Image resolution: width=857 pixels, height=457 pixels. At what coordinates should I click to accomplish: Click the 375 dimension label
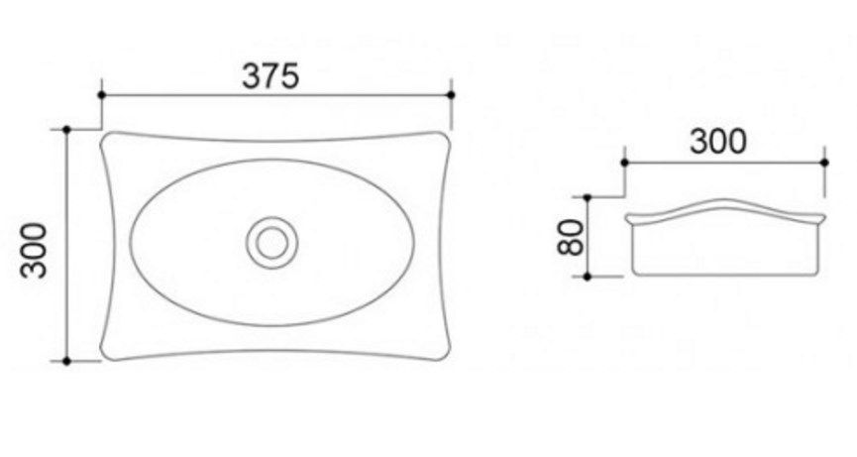click(x=270, y=76)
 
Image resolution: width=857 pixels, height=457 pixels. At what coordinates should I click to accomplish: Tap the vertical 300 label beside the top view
click(x=34, y=250)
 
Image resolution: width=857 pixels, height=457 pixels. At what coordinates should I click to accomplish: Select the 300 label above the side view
click(x=717, y=141)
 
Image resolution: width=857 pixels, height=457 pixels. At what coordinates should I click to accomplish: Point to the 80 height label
click(x=571, y=237)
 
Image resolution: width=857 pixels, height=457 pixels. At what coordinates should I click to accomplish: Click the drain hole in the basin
click(x=271, y=242)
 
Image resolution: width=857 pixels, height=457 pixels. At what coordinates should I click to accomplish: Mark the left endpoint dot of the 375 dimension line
click(x=101, y=95)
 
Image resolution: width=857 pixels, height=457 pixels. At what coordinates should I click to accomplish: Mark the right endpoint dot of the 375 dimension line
click(x=451, y=95)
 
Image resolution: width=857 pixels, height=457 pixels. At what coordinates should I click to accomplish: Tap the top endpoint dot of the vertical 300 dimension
click(x=66, y=130)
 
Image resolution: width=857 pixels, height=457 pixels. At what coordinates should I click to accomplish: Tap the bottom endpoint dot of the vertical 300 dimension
click(x=66, y=361)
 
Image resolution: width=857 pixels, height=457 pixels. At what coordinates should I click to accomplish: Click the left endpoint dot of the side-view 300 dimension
click(x=625, y=163)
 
